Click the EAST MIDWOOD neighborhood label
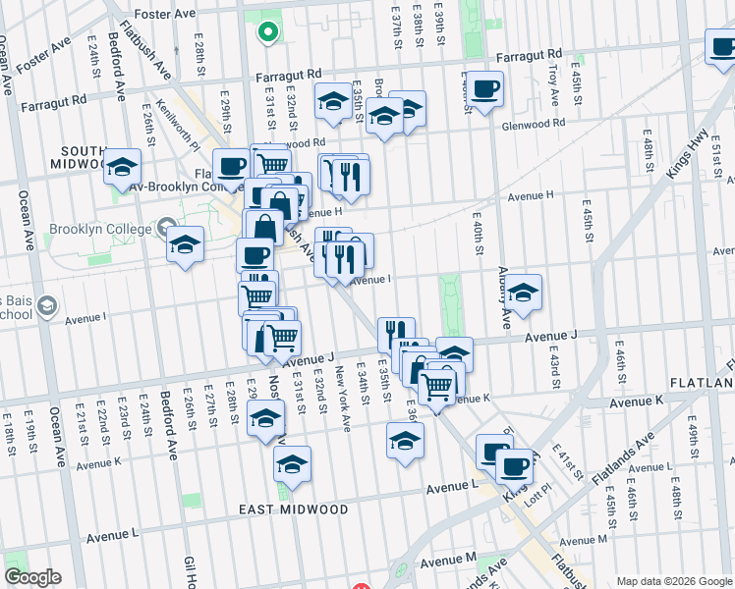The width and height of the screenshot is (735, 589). click(294, 509)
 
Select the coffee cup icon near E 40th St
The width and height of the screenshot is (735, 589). click(484, 90)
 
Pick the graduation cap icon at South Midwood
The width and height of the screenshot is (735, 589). click(123, 167)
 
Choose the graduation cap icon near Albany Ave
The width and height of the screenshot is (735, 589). click(524, 293)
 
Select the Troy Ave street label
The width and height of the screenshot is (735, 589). click(553, 85)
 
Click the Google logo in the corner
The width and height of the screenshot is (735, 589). click(31, 577)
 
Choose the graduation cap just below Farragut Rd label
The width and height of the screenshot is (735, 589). click(333, 101)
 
